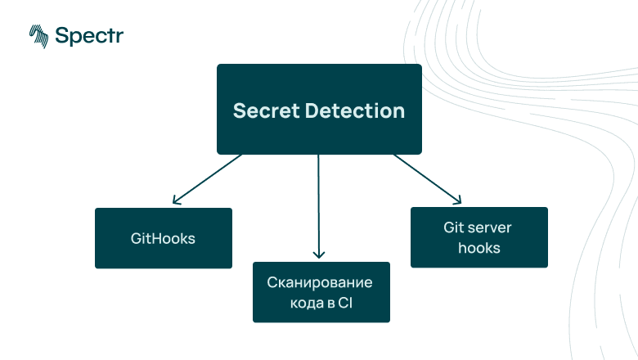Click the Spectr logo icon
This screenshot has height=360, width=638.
tap(38, 35)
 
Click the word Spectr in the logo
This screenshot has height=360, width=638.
tap(90, 35)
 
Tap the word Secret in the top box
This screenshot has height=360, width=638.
tap(264, 110)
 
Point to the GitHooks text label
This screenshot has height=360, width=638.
tap(164, 239)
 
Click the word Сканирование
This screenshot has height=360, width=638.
tap(320, 283)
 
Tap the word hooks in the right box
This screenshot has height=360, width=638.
tap(478, 247)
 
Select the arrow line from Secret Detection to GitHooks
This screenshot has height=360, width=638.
tap(209, 177)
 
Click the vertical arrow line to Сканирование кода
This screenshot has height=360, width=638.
tap(319, 205)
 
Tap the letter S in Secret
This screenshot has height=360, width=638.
tap(239, 110)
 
